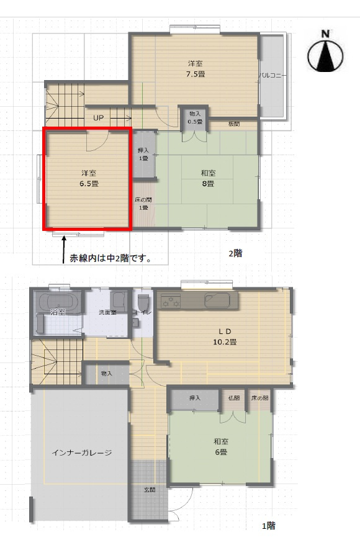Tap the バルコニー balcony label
point(272,76)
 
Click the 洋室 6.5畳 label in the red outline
point(87,178)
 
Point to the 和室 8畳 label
point(207,179)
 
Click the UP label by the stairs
point(99,118)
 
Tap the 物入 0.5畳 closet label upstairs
point(195,117)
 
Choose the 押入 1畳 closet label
point(143,155)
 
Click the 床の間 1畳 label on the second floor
point(142,204)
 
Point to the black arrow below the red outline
point(63,252)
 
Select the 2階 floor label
point(235,253)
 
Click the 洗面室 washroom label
point(108,312)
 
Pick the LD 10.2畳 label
point(225,336)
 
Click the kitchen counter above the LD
point(198,302)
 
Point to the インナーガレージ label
point(82,452)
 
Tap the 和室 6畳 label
point(221,446)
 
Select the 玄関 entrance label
point(150,490)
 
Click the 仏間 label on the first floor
point(234,398)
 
